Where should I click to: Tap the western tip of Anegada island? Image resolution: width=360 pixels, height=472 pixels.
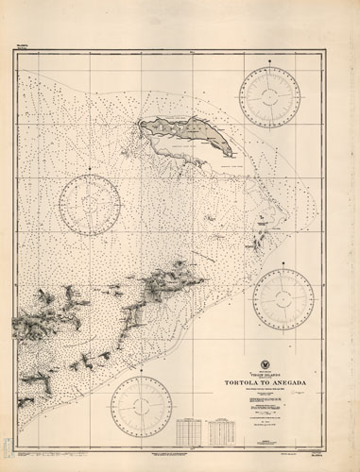coord(142,122)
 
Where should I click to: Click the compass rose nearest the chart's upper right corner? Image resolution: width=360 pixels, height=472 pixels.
coord(269,97)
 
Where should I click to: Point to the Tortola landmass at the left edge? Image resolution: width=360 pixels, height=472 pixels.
coord(33,321)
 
